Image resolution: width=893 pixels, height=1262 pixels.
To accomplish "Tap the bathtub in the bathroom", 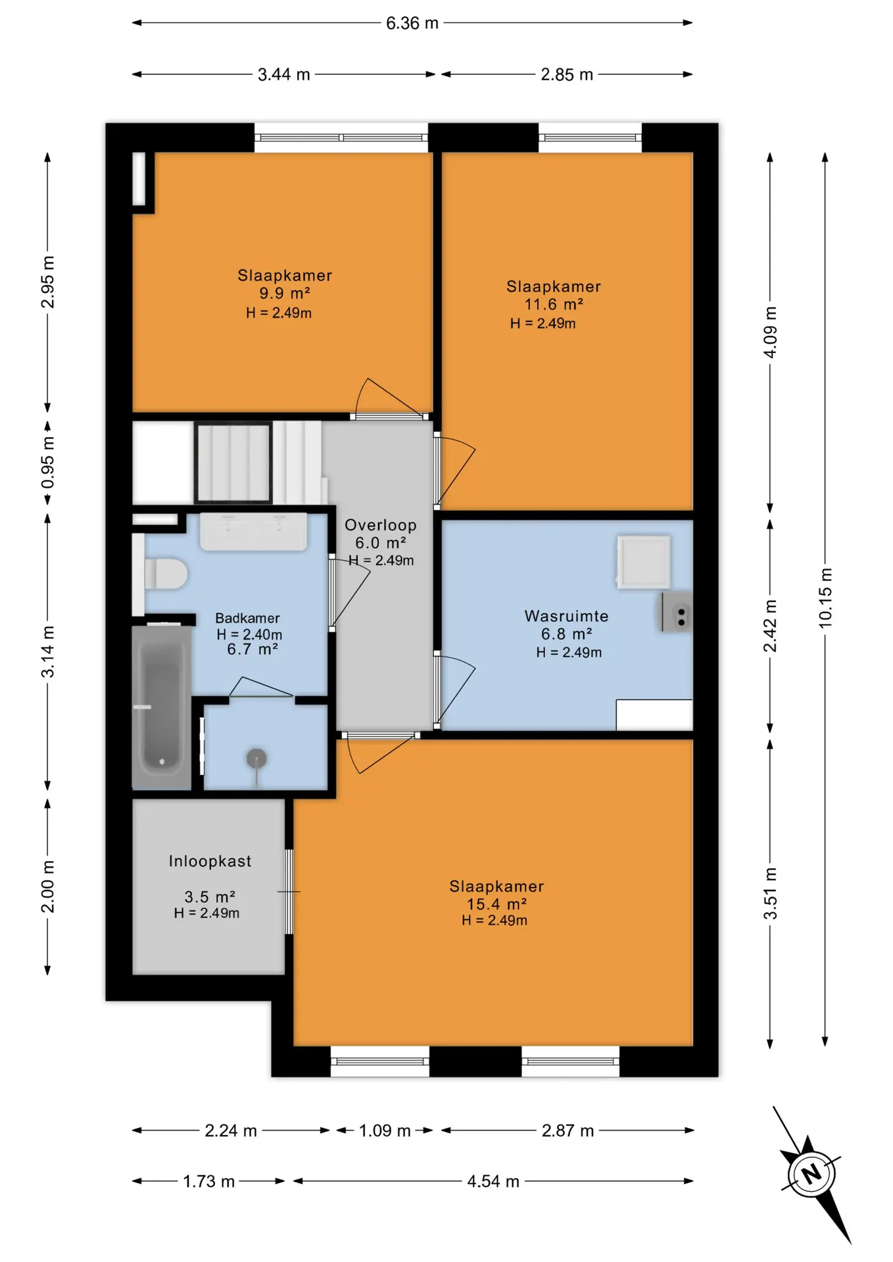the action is [161, 707].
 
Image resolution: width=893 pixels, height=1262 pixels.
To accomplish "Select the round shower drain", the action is [256, 759].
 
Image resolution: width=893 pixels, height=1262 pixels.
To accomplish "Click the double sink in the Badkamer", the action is [253, 532].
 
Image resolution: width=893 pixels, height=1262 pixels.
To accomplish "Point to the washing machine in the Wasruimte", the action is [644, 561].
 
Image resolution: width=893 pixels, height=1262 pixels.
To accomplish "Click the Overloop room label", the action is [381, 525].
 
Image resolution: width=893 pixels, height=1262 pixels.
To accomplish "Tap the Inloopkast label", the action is [210, 861].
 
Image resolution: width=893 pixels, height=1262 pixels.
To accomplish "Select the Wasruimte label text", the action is [566, 616].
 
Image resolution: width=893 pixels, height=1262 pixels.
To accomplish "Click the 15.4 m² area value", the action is [496, 904].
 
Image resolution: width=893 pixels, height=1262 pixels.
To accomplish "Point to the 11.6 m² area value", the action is [554, 304].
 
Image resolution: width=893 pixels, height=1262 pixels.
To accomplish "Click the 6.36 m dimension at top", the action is [412, 23].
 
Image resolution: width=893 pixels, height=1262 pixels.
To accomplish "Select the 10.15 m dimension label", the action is [825, 598].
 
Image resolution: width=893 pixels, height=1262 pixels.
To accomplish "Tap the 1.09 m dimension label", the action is [385, 1131].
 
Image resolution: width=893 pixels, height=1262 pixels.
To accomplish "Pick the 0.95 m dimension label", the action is [48, 463].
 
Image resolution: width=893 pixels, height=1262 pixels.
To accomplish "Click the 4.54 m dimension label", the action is [493, 1181].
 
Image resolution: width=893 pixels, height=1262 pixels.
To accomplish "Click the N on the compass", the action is [811, 1173].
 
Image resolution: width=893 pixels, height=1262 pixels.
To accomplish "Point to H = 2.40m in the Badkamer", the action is [249, 634].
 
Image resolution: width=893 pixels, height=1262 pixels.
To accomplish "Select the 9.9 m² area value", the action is [285, 293].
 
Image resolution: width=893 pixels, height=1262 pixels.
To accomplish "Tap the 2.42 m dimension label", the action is [770, 626].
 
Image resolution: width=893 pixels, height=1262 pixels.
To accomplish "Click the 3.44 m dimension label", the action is [284, 74].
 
